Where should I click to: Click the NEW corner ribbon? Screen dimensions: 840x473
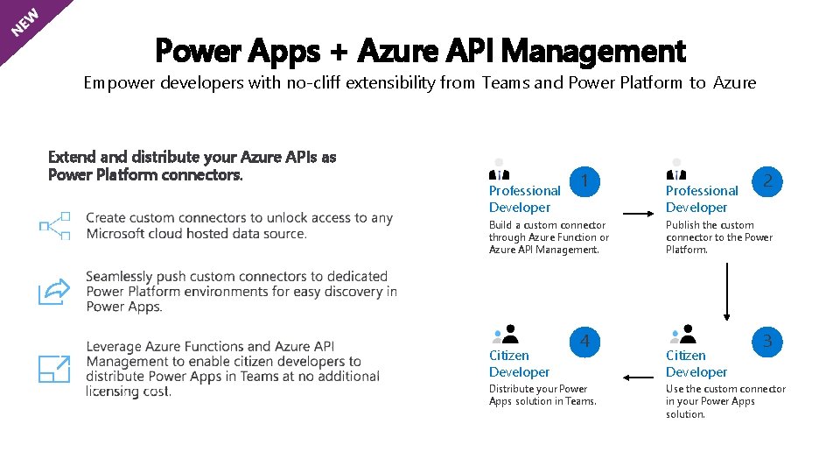click(24, 22)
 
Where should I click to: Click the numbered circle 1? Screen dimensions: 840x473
click(584, 180)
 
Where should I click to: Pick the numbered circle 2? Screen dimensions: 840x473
click(767, 180)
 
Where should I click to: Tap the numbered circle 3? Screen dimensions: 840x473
click(767, 341)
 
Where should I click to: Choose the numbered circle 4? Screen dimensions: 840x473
click(584, 341)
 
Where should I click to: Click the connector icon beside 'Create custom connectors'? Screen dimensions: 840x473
click(55, 225)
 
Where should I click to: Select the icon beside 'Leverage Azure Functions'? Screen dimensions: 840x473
click(54, 369)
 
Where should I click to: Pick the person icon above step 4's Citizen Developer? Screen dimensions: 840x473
click(505, 334)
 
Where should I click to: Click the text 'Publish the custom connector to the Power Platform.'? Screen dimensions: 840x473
click(718, 237)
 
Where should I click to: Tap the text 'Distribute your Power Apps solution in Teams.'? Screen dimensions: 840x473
click(542, 395)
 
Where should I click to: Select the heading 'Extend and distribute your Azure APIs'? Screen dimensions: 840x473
click(192, 166)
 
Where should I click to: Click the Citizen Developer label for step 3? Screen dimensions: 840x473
click(696, 364)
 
